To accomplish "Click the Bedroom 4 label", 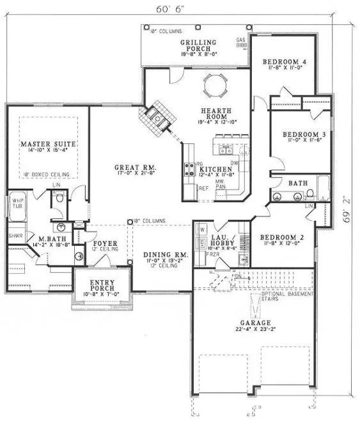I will (x=285, y=61).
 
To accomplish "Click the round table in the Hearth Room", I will (x=212, y=82).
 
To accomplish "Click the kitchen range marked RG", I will (x=191, y=169).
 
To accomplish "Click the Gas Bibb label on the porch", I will (x=241, y=42).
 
